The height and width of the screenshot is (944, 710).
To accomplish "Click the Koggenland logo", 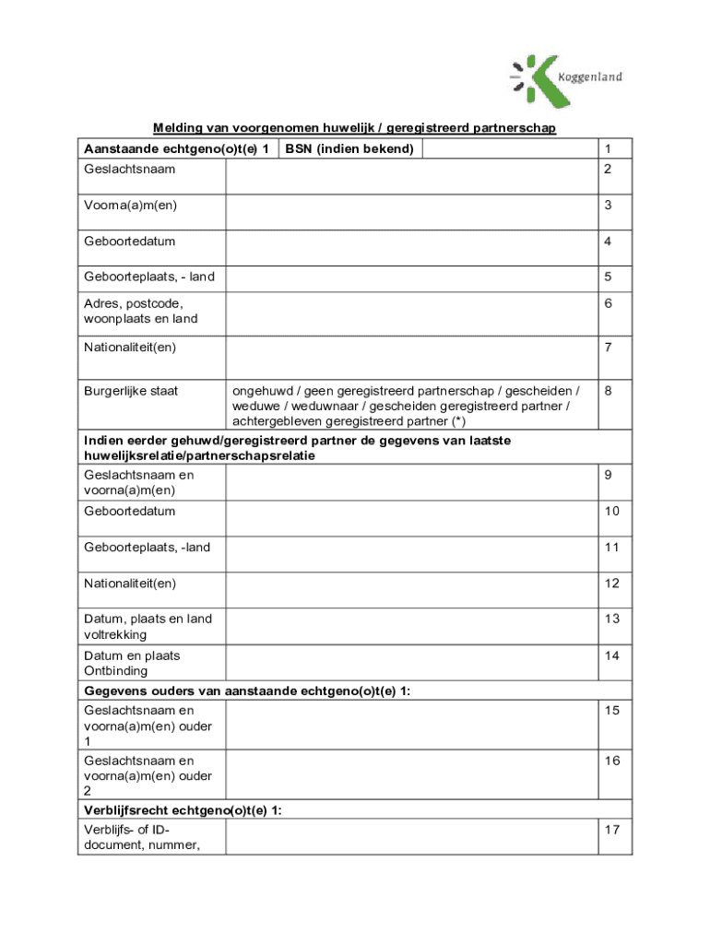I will (564, 80).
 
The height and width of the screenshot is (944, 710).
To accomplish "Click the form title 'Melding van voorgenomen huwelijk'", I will (354, 127).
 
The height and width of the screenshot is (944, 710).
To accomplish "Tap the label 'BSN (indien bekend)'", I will (349, 149).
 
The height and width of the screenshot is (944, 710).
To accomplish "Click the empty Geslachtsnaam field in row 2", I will (410, 176).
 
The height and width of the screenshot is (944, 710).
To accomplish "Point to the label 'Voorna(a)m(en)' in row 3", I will (130, 206).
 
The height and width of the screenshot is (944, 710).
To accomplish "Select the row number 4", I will (608, 242).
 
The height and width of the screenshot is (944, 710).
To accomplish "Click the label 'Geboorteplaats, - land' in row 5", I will (148, 277).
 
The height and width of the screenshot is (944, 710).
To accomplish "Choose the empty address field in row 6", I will (410, 314).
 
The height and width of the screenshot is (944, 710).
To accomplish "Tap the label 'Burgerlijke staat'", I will (131, 391).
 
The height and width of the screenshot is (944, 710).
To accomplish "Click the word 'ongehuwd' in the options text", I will (261, 391).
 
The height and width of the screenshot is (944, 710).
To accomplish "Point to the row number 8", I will (608, 391).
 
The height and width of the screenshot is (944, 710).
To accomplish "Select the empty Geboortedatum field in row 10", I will (410, 517).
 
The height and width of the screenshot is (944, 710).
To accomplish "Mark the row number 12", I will (611, 584).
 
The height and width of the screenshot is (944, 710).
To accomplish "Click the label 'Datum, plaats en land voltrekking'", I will (148, 627).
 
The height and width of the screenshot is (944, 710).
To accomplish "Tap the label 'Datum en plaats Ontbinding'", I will (132, 664).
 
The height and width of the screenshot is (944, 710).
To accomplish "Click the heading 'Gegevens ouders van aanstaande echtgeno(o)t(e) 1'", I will (247, 691).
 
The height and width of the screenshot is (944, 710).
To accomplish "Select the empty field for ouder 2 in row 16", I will (410, 775).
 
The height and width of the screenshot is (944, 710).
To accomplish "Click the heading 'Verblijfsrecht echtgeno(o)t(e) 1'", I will (183, 810).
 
